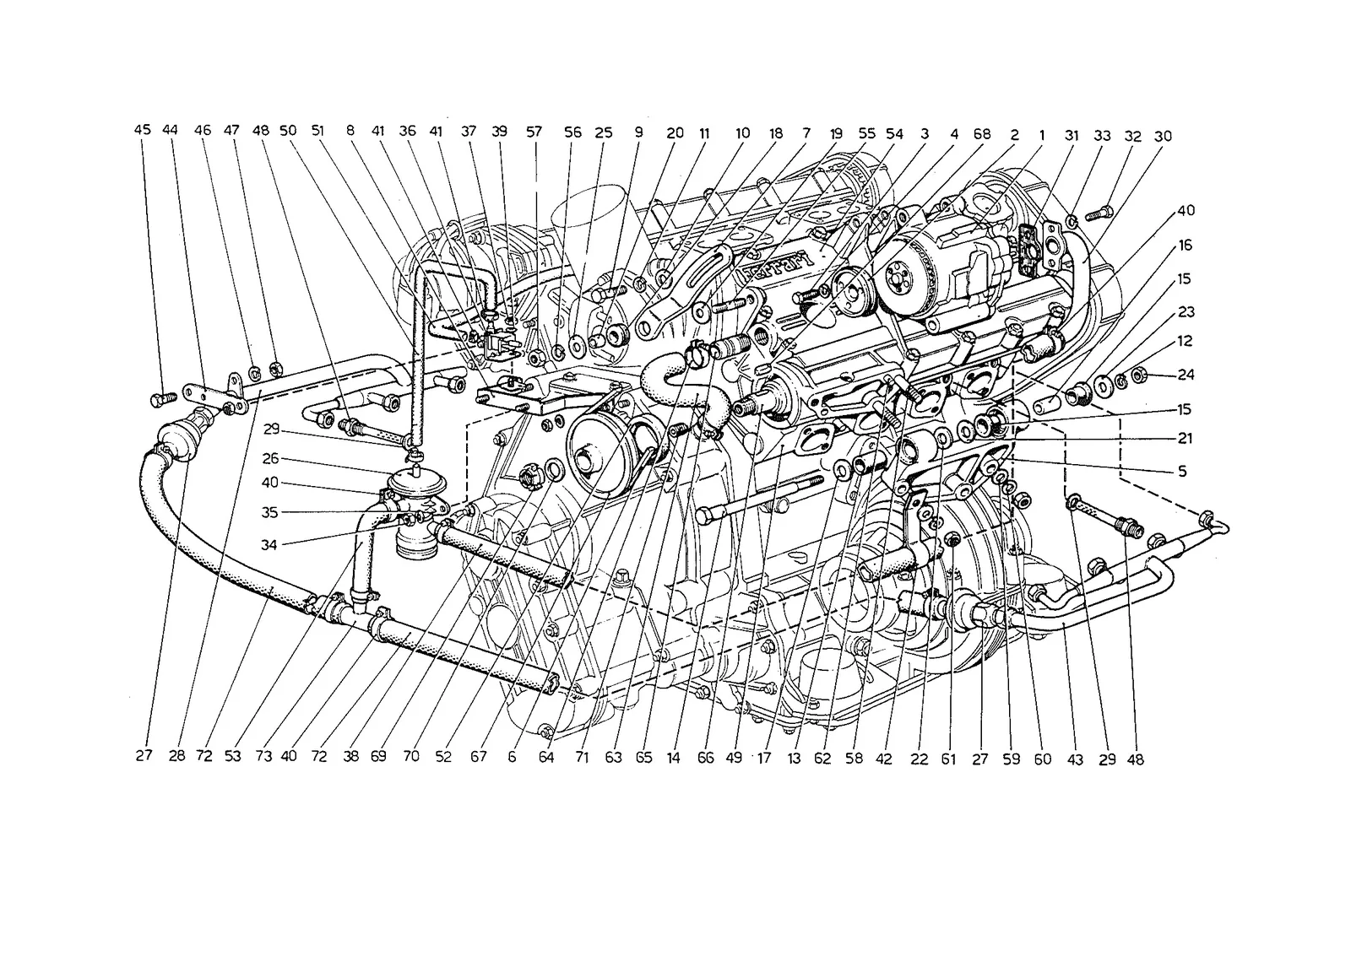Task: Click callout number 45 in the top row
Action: coord(143,130)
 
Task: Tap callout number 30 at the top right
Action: coord(1163,136)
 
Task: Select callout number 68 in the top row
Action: coord(982,134)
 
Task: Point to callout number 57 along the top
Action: coord(534,132)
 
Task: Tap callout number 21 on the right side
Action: coord(1186,438)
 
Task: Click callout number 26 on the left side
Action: coord(271,458)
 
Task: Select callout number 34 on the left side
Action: coord(269,545)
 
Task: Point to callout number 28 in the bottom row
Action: coord(176,755)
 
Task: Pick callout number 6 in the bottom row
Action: coord(512,758)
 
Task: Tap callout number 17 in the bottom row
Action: coord(764,759)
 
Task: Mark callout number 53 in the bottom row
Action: coord(233,756)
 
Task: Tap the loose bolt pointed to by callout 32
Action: coord(1098,214)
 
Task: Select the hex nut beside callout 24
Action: coord(1139,376)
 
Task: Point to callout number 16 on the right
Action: coord(1186,246)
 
